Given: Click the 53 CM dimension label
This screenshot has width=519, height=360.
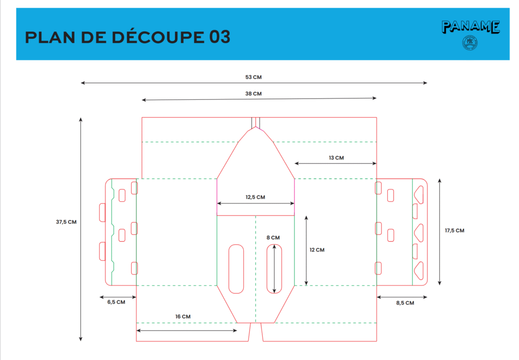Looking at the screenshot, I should click(x=253, y=77).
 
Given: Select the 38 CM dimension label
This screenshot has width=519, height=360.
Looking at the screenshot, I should click(x=253, y=93).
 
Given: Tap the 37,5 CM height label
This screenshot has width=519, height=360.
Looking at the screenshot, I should click(x=66, y=222).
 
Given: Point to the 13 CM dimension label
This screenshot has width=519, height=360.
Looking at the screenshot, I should click(x=336, y=158).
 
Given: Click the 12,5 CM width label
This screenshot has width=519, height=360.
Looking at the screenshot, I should click(x=255, y=197).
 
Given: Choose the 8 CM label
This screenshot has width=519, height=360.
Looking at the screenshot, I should click(x=273, y=237).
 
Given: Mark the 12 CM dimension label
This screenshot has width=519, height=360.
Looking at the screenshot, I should click(x=317, y=249).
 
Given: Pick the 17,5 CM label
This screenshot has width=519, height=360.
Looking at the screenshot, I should click(x=454, y=231).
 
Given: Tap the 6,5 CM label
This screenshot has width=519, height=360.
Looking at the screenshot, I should click(x=116, y=302).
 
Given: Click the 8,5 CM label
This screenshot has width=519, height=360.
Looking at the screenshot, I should click(x=405, y=303).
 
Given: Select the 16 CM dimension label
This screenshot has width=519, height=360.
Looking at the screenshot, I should click(x=183, y=316).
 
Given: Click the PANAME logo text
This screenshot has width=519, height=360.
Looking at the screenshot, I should click(x=471, y=27).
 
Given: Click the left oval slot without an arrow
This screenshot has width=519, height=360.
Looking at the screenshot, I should click(x=236, y=269).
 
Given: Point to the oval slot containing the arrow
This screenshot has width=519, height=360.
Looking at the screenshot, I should click(x=275, y=269).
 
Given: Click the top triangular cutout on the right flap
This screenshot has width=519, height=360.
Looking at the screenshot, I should click(x=420, y=193).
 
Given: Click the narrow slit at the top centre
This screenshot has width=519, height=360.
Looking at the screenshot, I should click(x=256, y=123).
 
